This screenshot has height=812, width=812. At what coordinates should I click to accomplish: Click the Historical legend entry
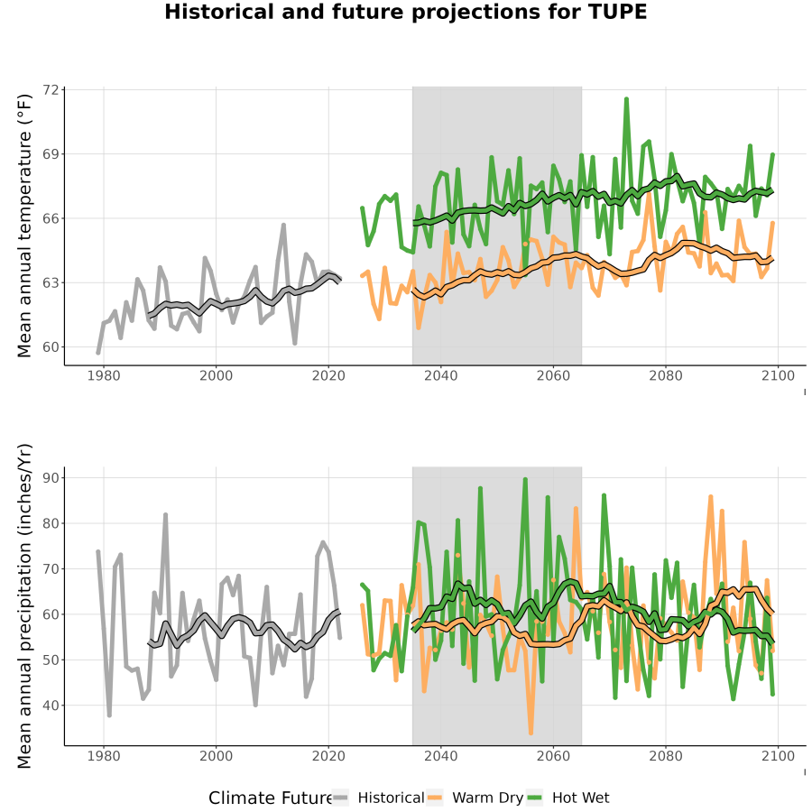coord(379,798)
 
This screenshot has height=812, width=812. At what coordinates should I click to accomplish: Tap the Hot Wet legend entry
coord(568,798)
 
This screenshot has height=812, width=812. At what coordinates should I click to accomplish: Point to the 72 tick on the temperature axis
coord(51,90)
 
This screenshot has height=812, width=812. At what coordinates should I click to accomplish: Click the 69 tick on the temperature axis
coord(51,154)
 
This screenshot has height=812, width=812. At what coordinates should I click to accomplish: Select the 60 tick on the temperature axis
coord(51,347)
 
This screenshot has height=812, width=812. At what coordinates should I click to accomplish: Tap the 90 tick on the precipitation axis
coord(51,477)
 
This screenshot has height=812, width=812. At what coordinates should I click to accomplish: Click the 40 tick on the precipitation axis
coord(51,706)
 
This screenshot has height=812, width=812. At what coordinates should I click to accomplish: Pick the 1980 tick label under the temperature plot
coord(104,375)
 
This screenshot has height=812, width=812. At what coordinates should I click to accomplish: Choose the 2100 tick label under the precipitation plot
coord(778,756)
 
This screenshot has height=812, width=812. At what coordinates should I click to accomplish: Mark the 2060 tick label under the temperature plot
coord(553,375)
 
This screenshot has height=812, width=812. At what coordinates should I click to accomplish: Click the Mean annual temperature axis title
coord(24,226)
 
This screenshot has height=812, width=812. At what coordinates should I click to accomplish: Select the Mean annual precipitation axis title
coord(24,606)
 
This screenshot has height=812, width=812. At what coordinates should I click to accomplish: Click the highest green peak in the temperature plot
coord(627,98)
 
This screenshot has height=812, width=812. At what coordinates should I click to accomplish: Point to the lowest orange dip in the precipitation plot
coord(531,733)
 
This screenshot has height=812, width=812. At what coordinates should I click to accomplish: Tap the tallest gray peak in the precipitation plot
coord(166,515)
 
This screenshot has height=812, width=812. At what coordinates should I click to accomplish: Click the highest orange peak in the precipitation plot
coord(711,496)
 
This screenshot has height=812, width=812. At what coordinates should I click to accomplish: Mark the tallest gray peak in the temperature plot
coord(283,226)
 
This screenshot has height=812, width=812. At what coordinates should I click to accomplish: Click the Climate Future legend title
coord(271,798)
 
